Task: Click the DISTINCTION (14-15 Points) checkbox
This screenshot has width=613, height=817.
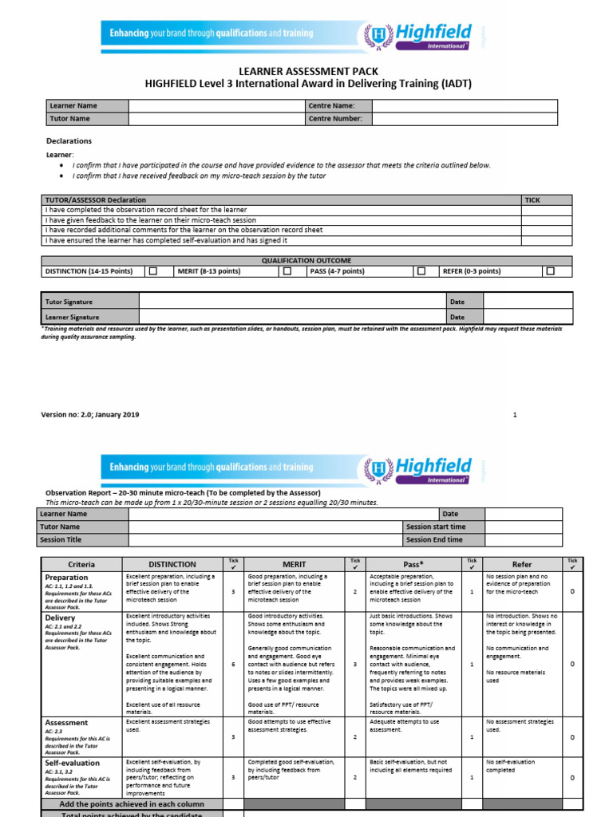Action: click(153, 271)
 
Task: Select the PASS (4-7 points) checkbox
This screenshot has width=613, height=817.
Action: click(421, 271)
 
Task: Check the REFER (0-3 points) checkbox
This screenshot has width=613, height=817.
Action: click(550, 271)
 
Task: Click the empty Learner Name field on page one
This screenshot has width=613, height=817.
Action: click(216, 105)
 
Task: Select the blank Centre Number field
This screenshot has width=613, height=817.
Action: click(472, 119)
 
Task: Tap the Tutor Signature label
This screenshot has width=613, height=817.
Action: click(69, 302)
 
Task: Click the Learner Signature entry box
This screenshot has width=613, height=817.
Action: click(292, 317)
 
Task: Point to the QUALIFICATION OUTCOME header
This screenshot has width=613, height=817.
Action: click(306, 261)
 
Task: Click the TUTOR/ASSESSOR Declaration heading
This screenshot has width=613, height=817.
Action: click(95, 199)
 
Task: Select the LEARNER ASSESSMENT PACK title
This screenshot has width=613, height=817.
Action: click(306, 71)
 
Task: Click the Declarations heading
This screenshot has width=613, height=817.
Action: click(69, 141)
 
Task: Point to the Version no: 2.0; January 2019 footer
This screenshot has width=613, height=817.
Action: click(90, 415)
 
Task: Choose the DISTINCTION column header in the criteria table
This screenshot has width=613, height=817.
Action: click(172, 564)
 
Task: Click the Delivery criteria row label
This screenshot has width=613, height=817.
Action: click(61, 618)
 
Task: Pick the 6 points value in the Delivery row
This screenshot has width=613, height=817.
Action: click(232, 664)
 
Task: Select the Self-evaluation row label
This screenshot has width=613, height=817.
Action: click(73, 764)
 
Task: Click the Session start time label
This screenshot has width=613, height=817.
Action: click(435, 527)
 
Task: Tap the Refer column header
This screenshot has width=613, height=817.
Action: click(521, 564)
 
